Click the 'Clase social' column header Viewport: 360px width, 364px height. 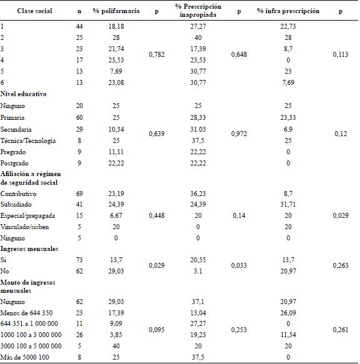click(x=35, y=10)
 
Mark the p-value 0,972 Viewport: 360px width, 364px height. click(x=239, y=134)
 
